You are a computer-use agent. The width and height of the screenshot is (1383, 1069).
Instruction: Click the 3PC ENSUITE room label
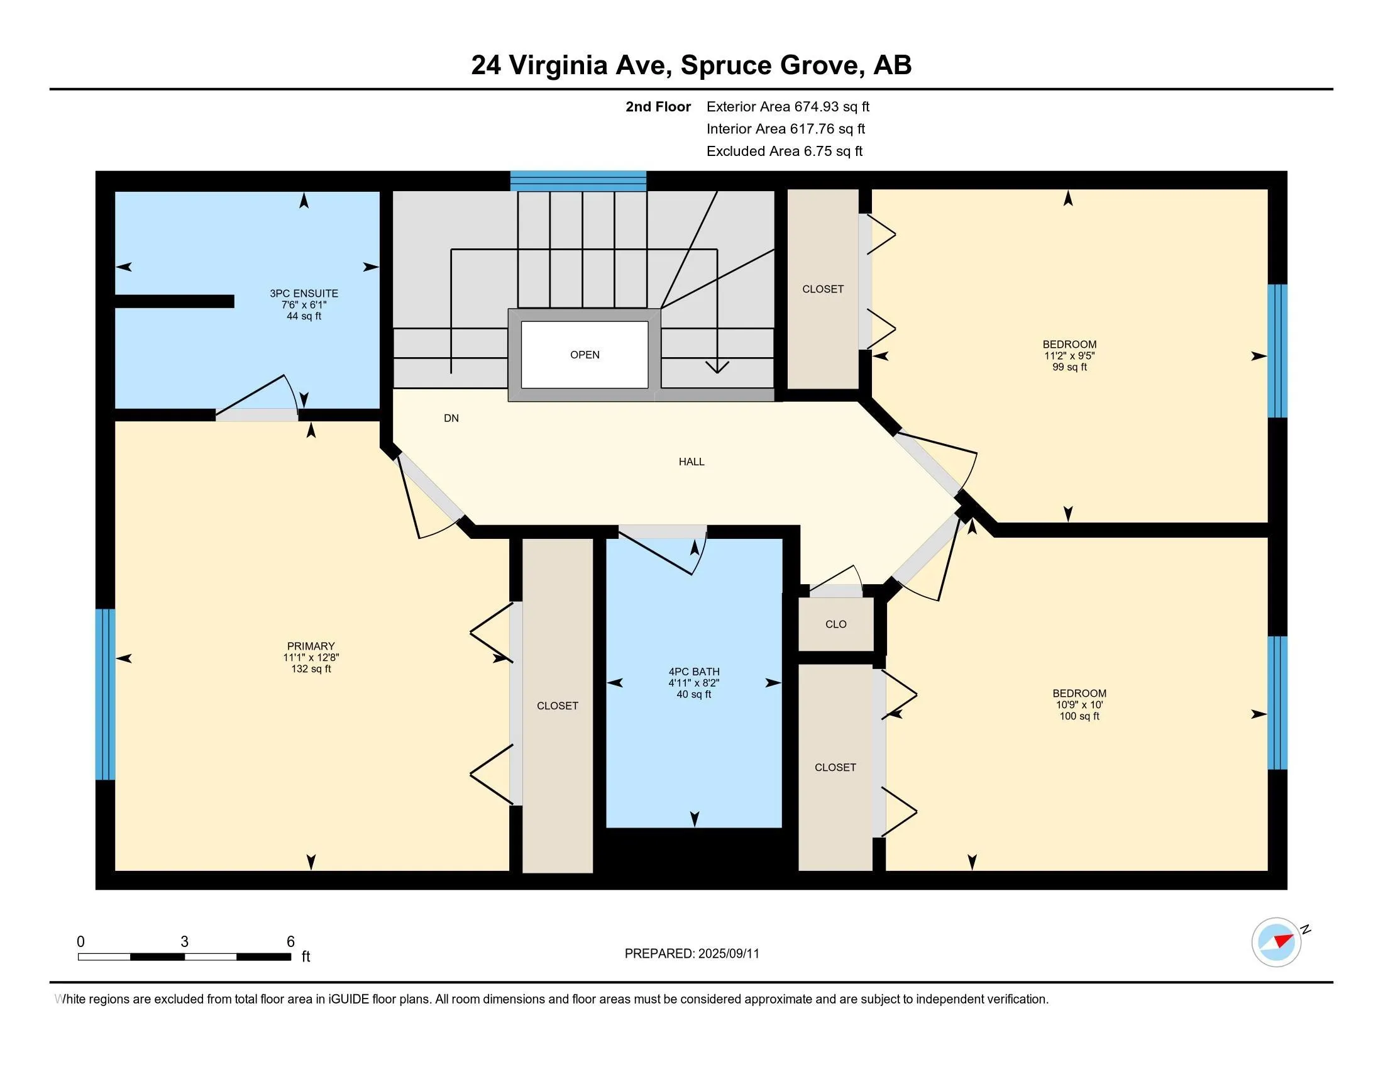point(304,293)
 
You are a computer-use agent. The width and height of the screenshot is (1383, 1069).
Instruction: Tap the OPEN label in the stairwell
point(585,355)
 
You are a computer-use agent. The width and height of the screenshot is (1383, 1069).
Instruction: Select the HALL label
point(691,462)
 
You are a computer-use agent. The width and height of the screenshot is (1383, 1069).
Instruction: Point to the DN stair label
point(451,418)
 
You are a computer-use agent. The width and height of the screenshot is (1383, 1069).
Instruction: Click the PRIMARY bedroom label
point(311,646)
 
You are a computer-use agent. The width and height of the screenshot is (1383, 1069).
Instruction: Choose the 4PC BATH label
point(694,672)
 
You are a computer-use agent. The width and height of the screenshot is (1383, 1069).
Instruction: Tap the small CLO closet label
point(836,624)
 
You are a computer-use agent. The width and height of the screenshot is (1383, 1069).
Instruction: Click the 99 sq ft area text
point(1069,367)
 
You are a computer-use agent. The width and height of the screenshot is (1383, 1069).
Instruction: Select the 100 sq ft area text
point(1079,716)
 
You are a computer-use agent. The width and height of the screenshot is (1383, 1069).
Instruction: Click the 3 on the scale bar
point(184,942)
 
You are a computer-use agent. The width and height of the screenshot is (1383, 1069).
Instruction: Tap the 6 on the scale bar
point(290,942)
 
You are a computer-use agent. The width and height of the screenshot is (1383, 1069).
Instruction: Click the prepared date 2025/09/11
point(728,954)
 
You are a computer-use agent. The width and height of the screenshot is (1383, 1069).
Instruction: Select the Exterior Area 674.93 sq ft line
point(788,106)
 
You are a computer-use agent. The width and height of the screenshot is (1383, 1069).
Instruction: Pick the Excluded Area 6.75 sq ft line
point(785,151)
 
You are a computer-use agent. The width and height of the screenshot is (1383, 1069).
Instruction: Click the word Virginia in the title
point(558,66)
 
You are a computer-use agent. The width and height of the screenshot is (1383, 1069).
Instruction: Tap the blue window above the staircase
point(578,180)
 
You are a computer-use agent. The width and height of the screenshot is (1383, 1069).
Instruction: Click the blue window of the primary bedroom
point(105,694)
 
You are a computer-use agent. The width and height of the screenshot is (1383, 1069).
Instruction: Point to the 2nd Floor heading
point(658,106)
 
